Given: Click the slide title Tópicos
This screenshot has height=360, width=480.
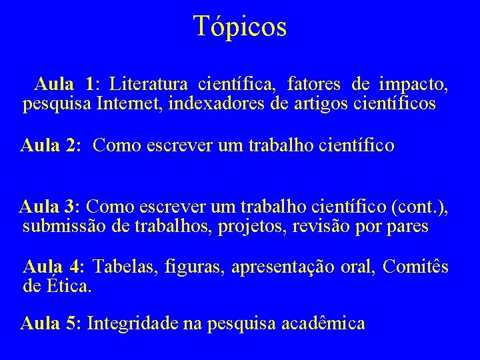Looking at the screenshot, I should pos(240,27).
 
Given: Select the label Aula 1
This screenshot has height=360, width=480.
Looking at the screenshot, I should pos(65,85).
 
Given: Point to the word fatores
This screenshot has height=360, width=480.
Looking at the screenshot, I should pos(313,85).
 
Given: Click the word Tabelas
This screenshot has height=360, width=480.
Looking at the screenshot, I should pos(123,267).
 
